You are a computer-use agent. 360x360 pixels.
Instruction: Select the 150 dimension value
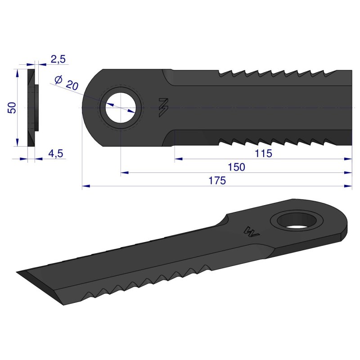coord(237,167)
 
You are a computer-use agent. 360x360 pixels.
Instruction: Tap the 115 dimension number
coord(263,153)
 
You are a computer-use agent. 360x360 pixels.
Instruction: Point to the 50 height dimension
coord(12,108)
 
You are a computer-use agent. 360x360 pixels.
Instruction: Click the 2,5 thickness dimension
coord(58,59)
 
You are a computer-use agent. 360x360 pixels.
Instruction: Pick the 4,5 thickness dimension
coord(55,154)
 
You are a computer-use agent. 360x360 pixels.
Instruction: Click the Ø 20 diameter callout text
coord(67,83)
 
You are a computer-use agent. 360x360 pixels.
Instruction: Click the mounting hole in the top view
coord(121,108)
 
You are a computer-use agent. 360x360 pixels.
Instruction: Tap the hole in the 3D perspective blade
coord(298,221)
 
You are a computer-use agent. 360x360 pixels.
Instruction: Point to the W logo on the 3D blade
coord(250,231)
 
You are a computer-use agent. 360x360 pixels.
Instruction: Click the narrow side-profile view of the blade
coord(33,107)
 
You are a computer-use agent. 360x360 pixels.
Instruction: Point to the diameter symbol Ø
coord(58,80)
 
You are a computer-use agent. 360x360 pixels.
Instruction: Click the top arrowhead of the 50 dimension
coord(18,72)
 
